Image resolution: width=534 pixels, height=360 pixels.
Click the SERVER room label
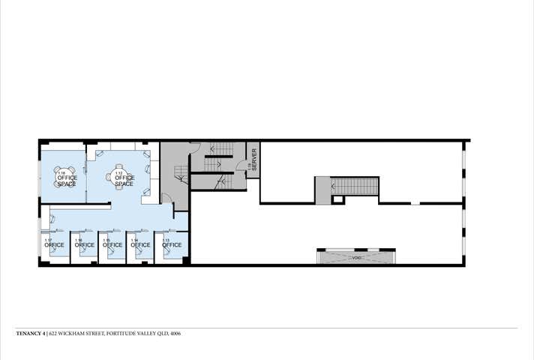pos(254,159)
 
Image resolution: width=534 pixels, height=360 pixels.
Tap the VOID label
pos(355,258)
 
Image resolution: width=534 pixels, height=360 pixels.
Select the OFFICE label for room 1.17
pos(55,245)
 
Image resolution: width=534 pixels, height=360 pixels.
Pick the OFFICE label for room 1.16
pos(85,245)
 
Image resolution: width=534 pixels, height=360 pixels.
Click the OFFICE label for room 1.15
pos(112,245)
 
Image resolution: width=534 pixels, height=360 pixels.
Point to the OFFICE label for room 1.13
pos(172,245)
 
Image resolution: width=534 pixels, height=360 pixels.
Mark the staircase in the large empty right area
pos(352,185)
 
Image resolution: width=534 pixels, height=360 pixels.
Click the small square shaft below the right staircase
pos(338,199)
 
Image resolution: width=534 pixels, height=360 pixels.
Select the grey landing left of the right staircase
pos(322,190)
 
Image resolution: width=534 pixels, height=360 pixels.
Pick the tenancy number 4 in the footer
pos(44,333)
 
